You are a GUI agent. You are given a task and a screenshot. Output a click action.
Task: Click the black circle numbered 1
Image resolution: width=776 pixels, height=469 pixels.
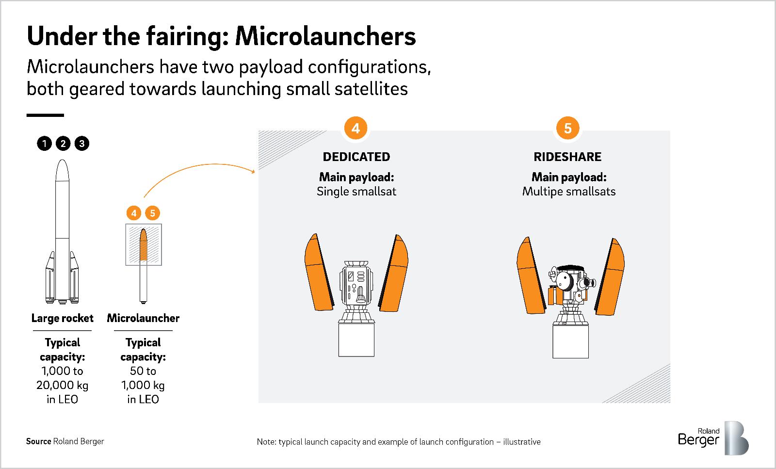(x=44, y=144)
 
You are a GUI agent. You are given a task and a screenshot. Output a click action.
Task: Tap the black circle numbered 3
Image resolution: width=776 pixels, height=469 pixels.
(x=82, y=144)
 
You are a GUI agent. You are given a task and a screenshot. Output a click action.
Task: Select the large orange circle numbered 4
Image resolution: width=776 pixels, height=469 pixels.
(x=356, y=128)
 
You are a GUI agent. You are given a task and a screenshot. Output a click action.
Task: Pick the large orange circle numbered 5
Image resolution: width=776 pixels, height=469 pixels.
(x=568, y=128)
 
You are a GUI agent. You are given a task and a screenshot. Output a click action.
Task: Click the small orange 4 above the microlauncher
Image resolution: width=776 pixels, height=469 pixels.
(x=134, y=213)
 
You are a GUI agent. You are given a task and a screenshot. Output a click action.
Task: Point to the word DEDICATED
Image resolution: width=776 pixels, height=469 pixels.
(x=356, y=157)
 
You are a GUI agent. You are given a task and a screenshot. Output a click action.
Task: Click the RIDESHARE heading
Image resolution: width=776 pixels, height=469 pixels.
(x=567, y=157)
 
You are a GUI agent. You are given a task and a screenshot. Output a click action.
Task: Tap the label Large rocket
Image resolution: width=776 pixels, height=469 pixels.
(x=63, y=318)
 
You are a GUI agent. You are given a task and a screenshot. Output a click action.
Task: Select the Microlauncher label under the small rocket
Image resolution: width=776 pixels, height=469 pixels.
(x=143, y=318)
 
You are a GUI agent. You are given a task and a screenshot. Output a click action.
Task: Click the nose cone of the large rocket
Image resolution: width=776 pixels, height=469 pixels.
(x=63, y=170)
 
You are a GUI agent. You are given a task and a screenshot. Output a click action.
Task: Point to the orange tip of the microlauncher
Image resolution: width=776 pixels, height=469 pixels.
(x=144, y=244)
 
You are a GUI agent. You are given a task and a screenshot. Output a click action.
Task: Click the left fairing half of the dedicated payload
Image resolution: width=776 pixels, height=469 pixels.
(x=319, y=273)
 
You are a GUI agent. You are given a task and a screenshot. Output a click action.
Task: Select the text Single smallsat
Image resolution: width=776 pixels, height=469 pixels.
(x=356, y=192)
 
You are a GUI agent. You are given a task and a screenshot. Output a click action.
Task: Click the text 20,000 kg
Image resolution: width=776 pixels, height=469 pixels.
(x=63, y=385)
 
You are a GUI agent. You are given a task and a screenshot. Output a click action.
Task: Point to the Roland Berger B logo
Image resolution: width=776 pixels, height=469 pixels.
(x=737, y=438)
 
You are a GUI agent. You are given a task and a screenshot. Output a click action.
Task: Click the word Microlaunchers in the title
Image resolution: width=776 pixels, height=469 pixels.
(x=325, y=36)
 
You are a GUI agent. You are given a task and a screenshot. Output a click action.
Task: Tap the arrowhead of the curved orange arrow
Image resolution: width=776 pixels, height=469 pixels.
(x=253, y=171)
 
